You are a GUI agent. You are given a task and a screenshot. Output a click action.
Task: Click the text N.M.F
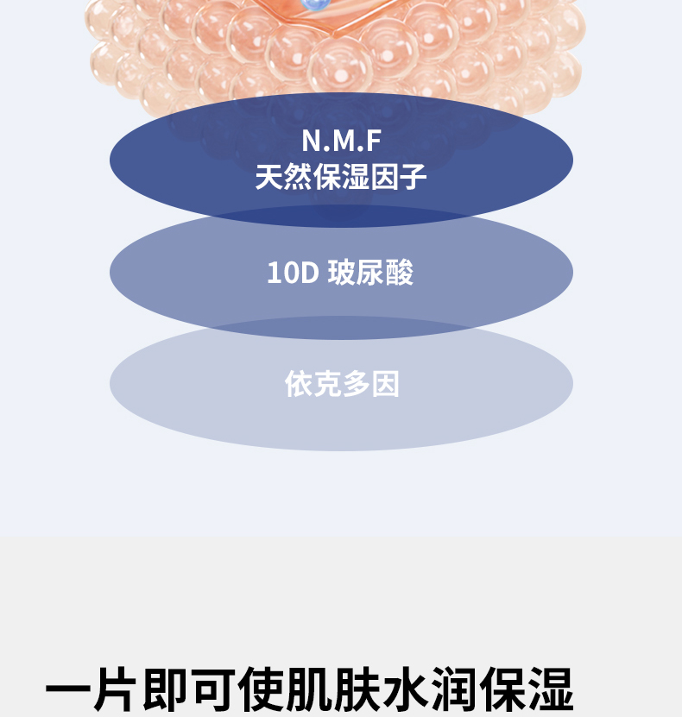tap(341, 140)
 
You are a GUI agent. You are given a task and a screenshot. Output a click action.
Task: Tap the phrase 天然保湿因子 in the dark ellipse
tap(341, 177)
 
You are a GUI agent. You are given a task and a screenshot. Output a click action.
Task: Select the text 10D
tap(293, 273)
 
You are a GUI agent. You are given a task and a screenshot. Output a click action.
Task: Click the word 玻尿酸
tap(370, 273)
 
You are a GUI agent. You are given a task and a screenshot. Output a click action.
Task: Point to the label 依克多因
tap(342, 384)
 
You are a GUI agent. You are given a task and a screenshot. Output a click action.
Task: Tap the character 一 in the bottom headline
tap(68, 690)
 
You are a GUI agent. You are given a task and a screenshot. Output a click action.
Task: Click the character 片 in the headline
tap(117, 690)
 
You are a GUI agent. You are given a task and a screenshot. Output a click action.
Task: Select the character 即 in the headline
tap(167, 690)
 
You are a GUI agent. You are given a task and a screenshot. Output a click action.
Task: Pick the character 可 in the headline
tap(215, 690)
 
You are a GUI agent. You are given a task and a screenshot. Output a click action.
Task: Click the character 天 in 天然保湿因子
tap(269, 177)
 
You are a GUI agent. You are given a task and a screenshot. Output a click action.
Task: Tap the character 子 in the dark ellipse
tap(413, 177)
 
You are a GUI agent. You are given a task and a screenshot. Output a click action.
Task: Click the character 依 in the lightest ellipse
tap(299, 384)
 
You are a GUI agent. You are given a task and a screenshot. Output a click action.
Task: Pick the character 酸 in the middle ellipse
tap(400, 273)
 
